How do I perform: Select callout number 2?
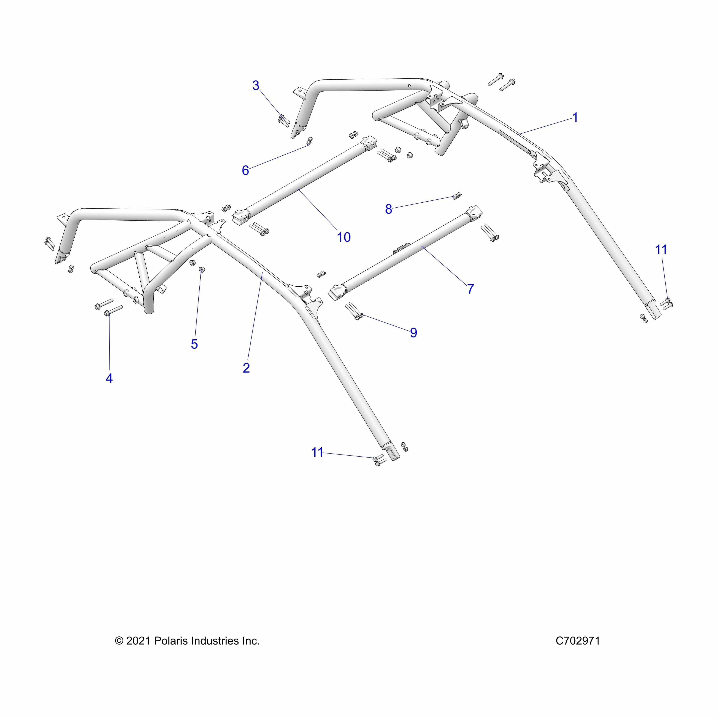tap(246, 368)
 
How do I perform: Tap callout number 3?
tap(256, 86)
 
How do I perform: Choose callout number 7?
tap(470, 289)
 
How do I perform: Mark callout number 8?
tap(388, 209)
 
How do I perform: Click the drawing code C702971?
tap(578, 641)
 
